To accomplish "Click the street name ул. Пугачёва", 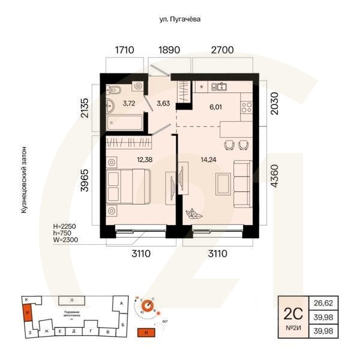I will point(179,19).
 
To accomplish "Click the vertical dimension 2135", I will point(85,104).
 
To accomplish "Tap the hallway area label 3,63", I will point(163,103).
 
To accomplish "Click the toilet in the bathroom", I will point(115,90).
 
